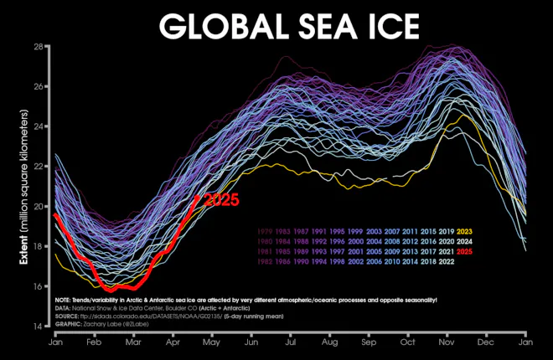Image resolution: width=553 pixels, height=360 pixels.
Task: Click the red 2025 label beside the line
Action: coord(222,200)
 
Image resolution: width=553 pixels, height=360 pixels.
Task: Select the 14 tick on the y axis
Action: coord(38,326)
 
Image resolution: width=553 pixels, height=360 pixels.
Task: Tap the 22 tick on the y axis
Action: coord(38,166)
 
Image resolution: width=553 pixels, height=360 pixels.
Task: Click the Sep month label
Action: coord(370,342)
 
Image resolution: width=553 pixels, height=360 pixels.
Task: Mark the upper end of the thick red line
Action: coord(198,197)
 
